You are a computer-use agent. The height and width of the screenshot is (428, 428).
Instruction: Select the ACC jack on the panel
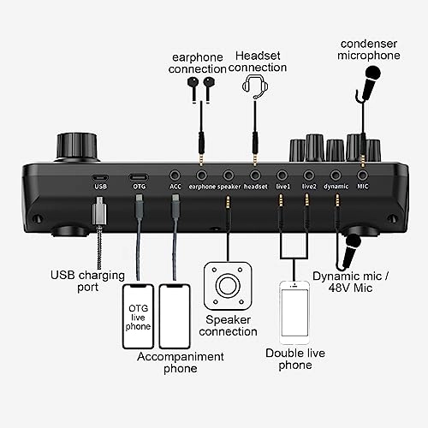(175, 173)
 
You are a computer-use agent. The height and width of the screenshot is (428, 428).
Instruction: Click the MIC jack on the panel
(362, 173)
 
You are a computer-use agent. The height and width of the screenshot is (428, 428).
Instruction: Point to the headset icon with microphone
(253, 86)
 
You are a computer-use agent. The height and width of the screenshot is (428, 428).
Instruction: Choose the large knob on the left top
(73, 146)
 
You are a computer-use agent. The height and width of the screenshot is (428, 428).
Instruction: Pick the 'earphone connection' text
(199, 62)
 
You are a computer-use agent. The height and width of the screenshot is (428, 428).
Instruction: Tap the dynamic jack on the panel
(336, 173)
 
